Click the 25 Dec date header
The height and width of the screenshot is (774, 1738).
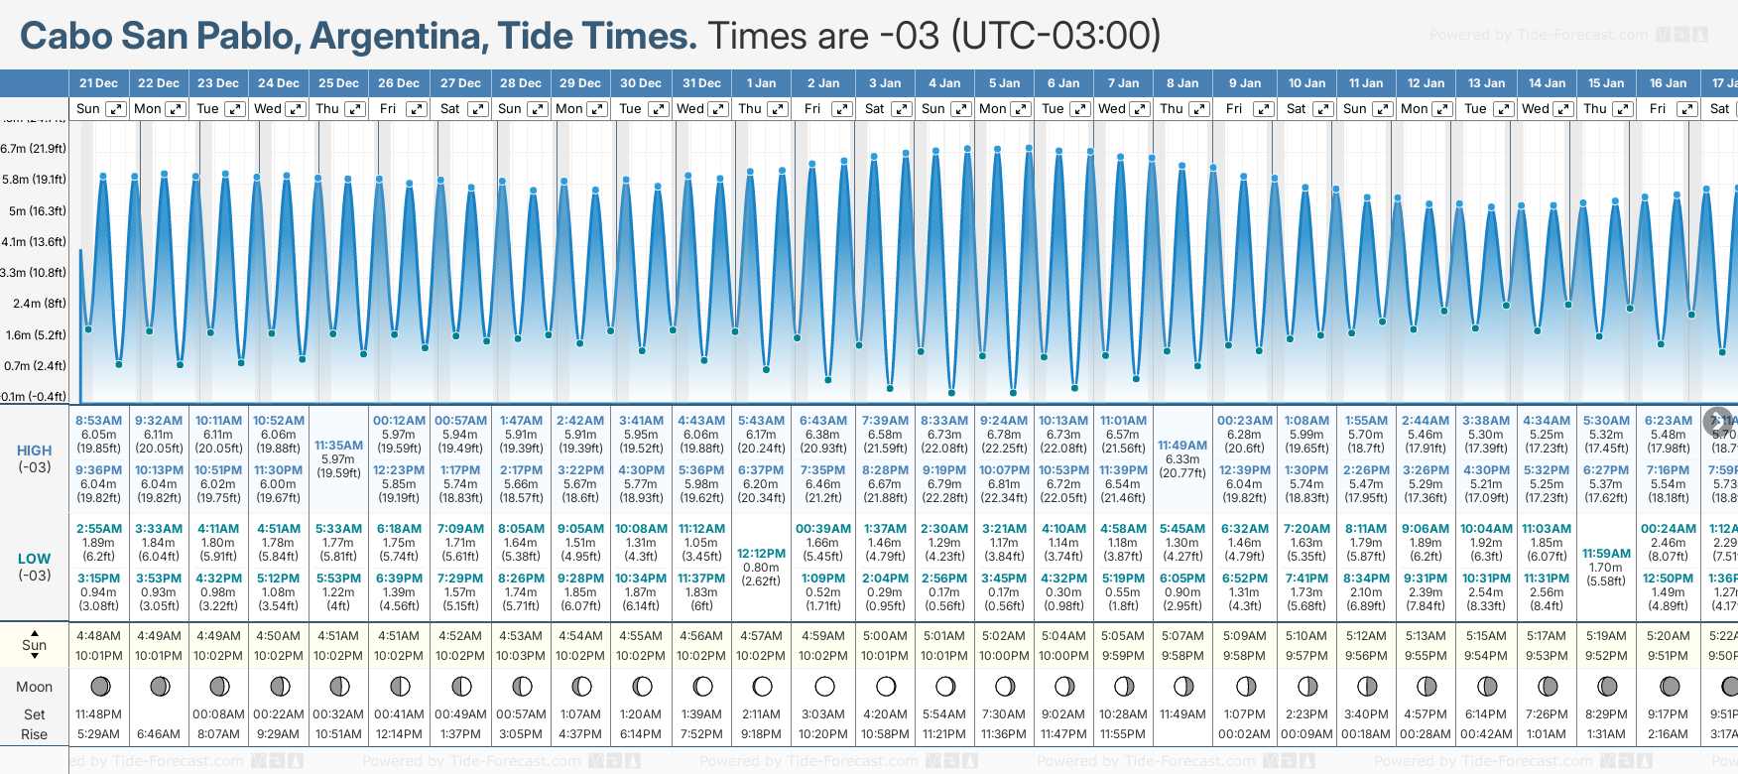coord(338,83)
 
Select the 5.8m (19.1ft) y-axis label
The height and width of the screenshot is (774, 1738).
coord(34,180)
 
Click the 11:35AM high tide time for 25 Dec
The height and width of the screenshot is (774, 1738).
coord(338,446)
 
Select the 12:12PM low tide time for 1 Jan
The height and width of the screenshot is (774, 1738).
coord(761,554)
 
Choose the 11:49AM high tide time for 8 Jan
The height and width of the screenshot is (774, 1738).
coord(1182,446)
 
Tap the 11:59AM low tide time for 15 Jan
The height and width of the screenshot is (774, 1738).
coord(1606,554)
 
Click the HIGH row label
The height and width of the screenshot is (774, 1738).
coord(34,451)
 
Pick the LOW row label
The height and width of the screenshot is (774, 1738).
coord(34,559)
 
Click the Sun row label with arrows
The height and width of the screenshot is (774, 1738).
coord(34,644)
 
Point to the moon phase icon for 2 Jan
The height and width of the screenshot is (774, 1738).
coord(823,686)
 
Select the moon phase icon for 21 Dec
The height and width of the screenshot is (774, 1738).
coord(99,686)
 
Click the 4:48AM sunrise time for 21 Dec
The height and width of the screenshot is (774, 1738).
coord(98,636)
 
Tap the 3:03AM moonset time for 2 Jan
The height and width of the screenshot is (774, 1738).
coord(823,714)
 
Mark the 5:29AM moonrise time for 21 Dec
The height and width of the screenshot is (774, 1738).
coord(98,734)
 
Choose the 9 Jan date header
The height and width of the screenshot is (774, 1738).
coord(1244,83)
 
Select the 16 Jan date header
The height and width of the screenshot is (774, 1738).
coord(1668,83)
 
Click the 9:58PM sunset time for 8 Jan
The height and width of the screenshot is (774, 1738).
coord(1182,656)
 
